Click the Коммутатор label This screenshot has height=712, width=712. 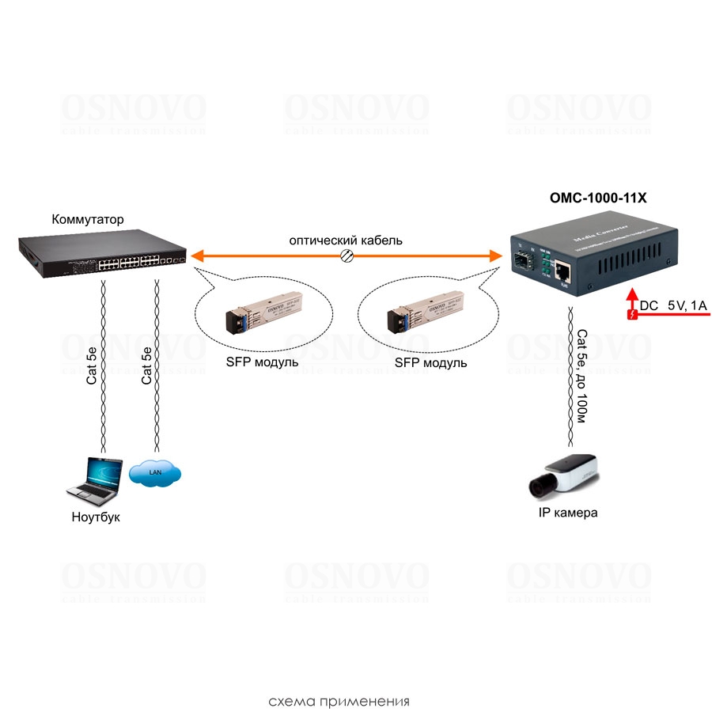pos(88,219)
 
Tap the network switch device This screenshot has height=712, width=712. pos(102,253)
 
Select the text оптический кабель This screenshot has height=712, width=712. pos(345,240)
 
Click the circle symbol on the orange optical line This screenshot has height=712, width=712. pos(346,255)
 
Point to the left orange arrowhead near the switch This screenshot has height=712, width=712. pos(199,256)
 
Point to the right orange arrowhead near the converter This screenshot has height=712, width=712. pos(496,256)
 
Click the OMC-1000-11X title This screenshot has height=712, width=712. pos(598,199)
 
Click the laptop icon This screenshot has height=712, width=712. pos(94,479)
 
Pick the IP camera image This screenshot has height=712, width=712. pos(562,475)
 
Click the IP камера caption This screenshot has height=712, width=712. pos(567,513)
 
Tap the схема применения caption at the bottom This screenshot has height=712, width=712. pos(339,701)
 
